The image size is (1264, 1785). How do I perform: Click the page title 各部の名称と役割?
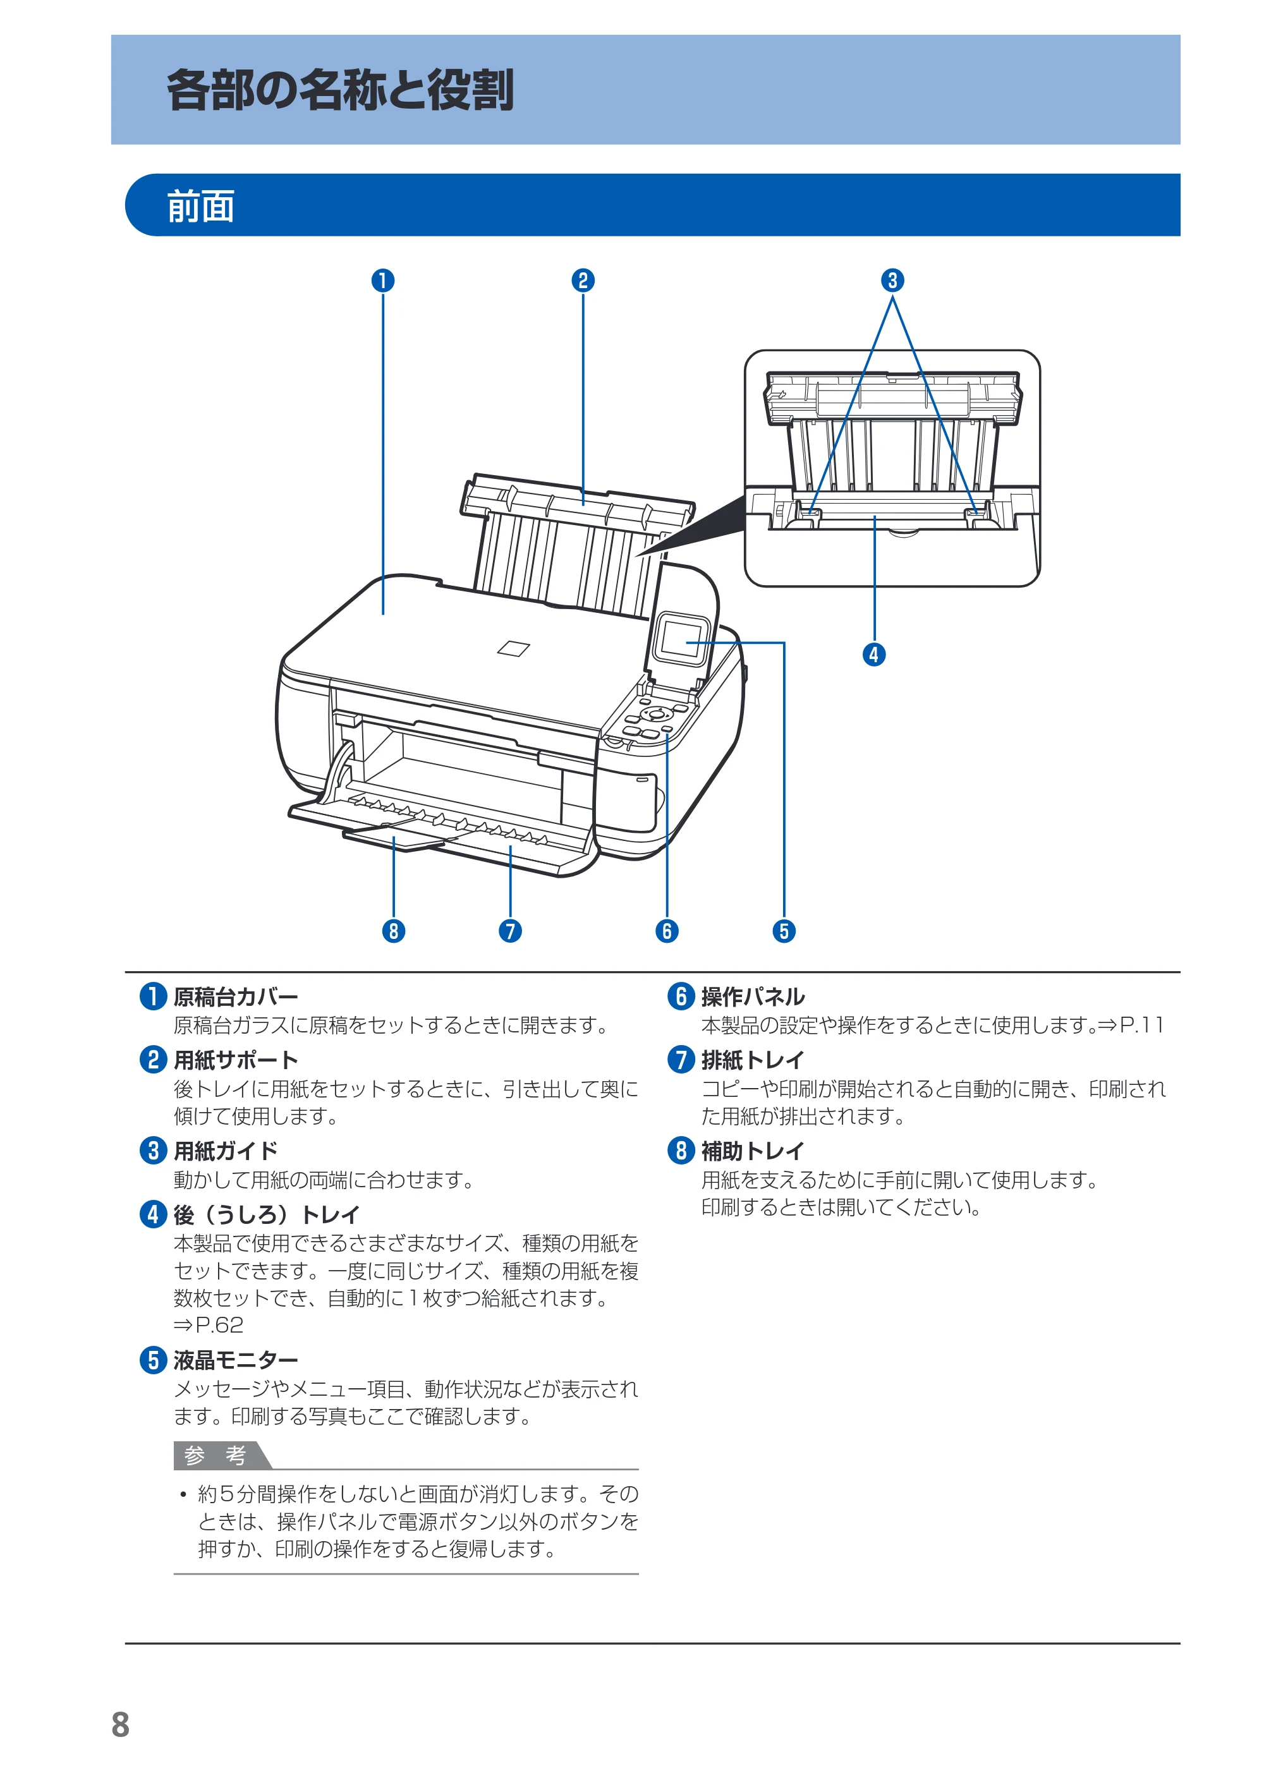340,90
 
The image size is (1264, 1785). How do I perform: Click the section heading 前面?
201,206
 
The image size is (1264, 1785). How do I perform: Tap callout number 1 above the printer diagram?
383,280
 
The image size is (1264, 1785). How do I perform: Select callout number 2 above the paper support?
583,280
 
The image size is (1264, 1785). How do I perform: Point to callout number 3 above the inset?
893,280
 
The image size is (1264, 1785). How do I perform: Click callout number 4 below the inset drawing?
874,655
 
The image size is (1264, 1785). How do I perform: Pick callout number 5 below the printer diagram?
784,931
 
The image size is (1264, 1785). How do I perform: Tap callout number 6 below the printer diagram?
667,931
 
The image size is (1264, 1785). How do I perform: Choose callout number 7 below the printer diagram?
511,931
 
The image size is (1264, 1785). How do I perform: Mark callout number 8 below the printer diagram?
394,931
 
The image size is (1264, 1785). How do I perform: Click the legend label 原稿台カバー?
236,997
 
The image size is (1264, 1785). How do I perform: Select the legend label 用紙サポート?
236,1060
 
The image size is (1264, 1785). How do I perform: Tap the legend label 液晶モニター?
236,1360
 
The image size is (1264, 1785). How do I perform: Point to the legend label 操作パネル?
753,997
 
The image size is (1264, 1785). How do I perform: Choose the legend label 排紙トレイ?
753,1060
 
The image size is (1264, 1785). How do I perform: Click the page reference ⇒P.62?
209,1324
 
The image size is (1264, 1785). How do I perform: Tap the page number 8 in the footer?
121,1725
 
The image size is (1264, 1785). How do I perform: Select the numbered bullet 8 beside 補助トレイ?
681,1150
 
